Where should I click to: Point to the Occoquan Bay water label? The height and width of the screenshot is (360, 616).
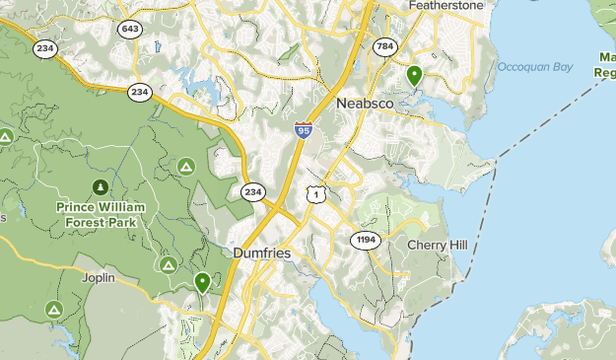point(535,67)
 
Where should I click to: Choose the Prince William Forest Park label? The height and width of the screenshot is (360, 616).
point(101,214)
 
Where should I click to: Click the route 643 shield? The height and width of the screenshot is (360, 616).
point(129,30)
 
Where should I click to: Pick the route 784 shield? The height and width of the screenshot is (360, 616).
point(384,45)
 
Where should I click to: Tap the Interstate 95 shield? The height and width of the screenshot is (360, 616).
point(304,129)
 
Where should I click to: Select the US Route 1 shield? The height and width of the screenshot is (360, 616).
point(314,194)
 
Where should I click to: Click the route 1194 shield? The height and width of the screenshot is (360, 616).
point(365,240)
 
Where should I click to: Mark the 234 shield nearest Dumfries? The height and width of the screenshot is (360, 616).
point(253,191)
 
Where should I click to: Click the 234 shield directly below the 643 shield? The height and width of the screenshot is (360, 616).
point(139,93)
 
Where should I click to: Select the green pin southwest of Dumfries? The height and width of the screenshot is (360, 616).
point(202,283)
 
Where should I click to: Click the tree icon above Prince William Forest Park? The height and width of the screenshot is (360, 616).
point(100,186)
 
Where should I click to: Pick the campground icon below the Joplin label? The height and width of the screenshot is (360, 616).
point(53,310)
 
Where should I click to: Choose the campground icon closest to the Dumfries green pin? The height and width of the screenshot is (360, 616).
point(169,264)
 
